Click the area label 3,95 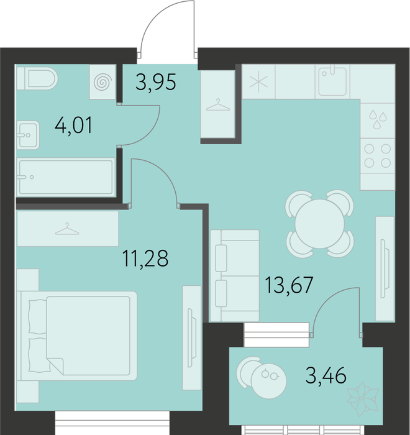156,82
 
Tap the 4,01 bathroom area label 73,126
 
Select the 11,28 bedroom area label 145,259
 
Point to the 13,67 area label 289,285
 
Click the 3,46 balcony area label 326,375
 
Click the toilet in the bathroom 37,78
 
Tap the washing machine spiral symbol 102,82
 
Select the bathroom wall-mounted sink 28,135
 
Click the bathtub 66,177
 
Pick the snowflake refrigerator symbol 258,81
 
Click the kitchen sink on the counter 332,81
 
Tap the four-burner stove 377,156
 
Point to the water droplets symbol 378,119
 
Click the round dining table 319,224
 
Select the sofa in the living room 235,275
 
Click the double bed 77,336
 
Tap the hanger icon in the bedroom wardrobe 67,229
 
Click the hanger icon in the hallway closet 218,105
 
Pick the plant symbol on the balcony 363,399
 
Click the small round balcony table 269,381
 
